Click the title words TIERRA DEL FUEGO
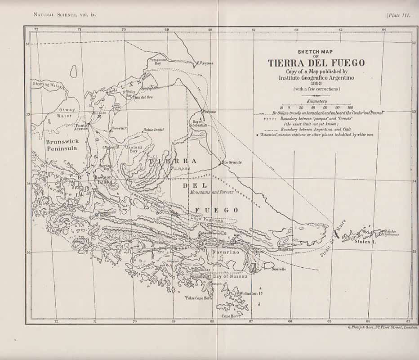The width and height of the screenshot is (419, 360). [316, 63]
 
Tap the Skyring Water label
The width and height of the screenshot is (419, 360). [47, 84]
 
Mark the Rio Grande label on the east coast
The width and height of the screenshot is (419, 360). [232, 162]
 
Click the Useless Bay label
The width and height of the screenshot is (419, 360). [134, 149]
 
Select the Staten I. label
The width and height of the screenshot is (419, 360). [364, 242]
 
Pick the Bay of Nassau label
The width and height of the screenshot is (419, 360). [230, 276]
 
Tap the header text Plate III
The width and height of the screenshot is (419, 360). [398, 15]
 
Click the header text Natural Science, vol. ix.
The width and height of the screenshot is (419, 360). [65, 14]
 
